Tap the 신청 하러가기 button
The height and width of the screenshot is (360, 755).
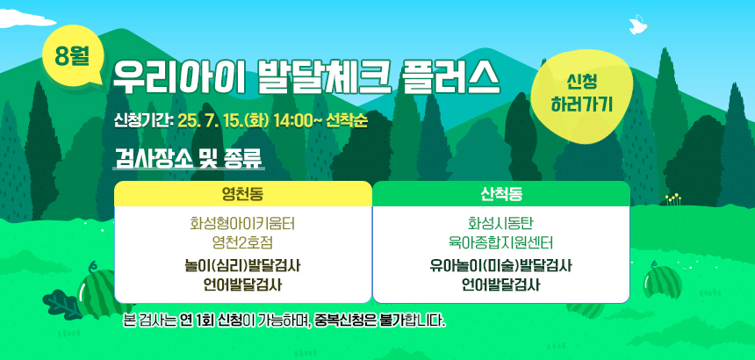580,96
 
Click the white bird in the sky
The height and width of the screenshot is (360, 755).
638,25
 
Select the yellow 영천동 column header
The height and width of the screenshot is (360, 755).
242,193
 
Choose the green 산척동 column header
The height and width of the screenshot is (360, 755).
501,193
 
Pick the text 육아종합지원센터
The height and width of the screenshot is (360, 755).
501,242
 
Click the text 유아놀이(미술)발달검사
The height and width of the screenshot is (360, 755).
501,266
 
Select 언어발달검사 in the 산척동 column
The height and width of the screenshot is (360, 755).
501,284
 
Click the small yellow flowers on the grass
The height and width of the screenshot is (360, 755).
673,199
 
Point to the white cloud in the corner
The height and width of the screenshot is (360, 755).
26,18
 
